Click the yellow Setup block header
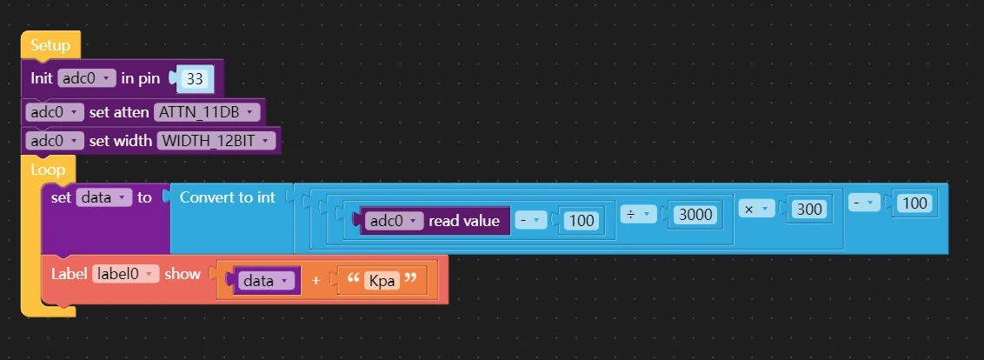tap(50, 45)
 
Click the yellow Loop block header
tap(48, 170)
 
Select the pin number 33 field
tap(195, 79)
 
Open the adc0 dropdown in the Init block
tap(86, 78)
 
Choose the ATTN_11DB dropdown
tap(207, 112)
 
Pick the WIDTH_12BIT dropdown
tap(216, 141)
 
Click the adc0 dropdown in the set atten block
tap(55, 112)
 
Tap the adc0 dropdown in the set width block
tap(55, 141)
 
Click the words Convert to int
tap(227, 197)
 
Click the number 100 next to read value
tap(580, 221)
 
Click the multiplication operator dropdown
tap(756, 209)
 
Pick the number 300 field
tap(809, 209)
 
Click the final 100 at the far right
tap(914, 203)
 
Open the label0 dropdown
tap(125, 274)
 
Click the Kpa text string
tap(382, 281)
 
